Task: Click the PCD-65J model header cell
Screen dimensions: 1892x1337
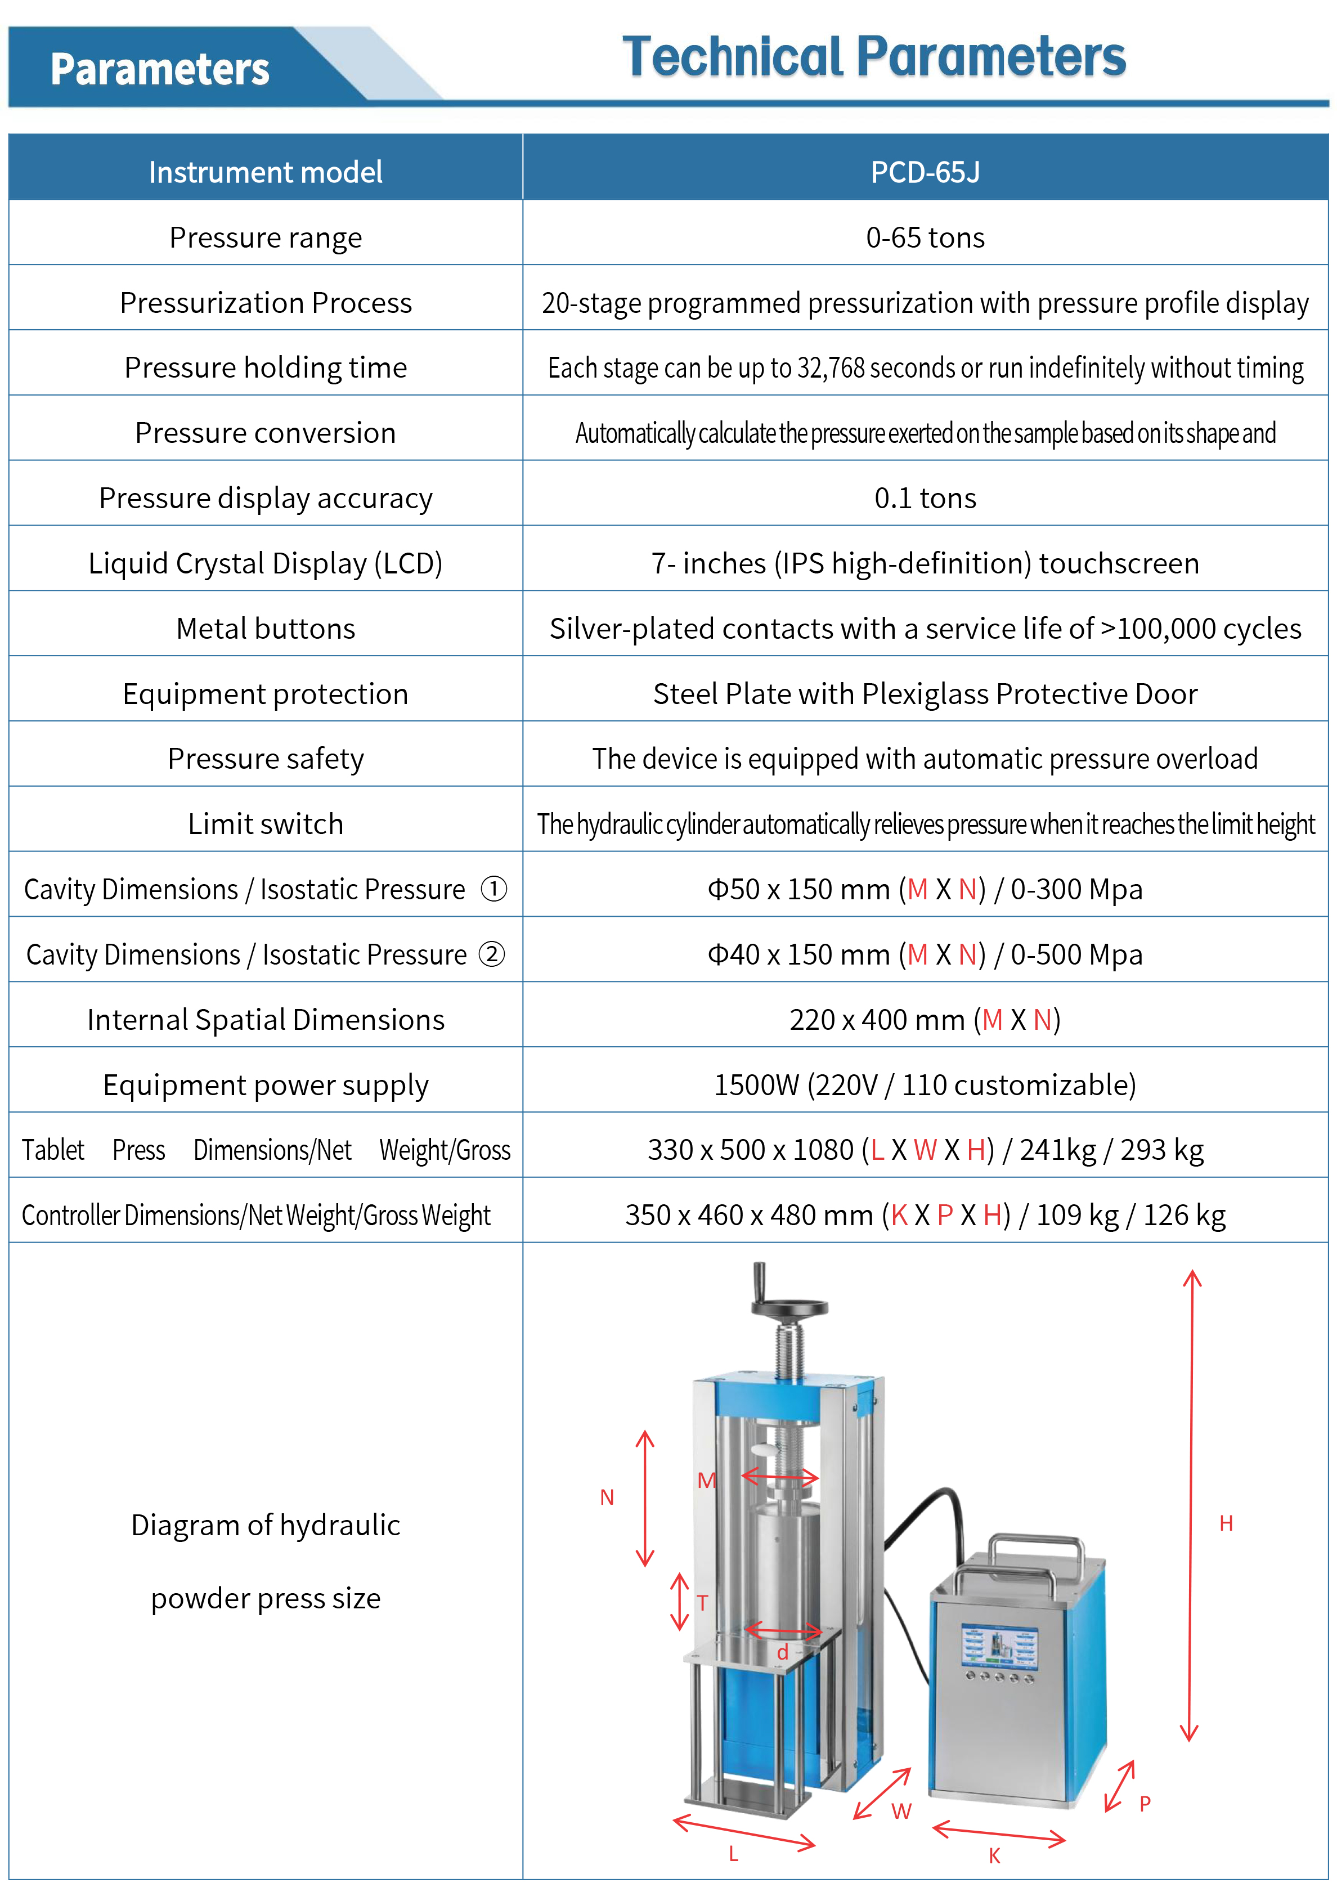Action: (925, 172)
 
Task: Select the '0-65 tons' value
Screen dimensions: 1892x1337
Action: (925, 238)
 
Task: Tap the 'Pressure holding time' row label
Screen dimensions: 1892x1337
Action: (265, 367)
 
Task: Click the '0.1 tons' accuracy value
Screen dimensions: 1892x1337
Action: (925, 499)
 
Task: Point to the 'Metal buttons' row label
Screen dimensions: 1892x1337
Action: (265, 629)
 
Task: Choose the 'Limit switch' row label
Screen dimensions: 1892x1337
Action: (265, 824)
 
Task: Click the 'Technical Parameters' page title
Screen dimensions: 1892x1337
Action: (873, 57)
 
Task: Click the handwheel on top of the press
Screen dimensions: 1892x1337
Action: (788, 1307)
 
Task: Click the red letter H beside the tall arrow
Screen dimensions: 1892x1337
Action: (1226, 1523)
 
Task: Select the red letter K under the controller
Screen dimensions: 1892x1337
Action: (994, 1857)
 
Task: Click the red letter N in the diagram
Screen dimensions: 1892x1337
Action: (607, 1498)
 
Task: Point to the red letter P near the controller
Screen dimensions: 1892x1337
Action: (1144, 1804)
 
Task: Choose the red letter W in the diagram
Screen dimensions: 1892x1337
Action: (901, 1811)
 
